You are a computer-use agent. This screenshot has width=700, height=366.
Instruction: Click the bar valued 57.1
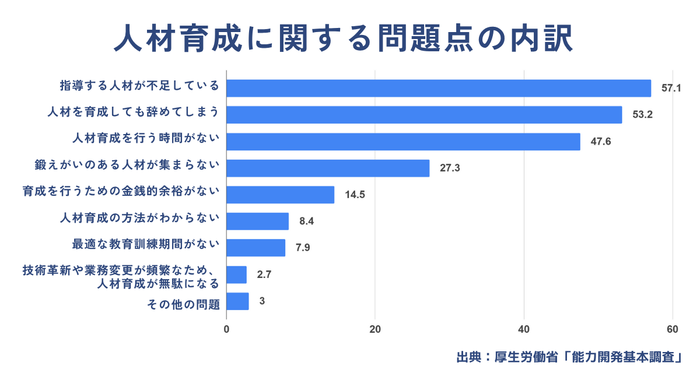tap(439, 88)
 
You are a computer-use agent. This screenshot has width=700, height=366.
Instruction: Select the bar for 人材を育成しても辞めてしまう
tap(424, 115)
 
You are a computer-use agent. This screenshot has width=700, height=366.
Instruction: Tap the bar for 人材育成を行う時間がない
tap(403, 142)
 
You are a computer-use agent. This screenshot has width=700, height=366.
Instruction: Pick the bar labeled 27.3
tap(328, 168)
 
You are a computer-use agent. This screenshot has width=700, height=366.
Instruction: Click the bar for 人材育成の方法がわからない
tap(257, 221)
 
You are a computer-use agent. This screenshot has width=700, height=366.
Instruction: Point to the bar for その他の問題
tap(237, 301)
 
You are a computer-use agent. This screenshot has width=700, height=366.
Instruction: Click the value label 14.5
tap(355, 195)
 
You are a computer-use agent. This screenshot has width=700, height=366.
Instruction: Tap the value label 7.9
tap(303, 248)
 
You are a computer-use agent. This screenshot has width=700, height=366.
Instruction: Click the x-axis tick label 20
tap(375, 329)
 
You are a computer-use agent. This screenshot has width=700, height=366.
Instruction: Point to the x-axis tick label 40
tap(524, 329)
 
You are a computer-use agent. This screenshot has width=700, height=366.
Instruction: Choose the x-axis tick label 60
tap(672, 329)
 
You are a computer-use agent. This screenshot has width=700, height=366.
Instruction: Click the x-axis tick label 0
tap(226, 329)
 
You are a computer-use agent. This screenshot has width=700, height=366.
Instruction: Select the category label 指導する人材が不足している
tap(139, 86)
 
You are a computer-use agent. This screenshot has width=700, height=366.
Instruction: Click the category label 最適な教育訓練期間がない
tap(145, 245)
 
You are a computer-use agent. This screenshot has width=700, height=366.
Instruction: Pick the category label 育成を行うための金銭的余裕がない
tap(121, 192)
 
